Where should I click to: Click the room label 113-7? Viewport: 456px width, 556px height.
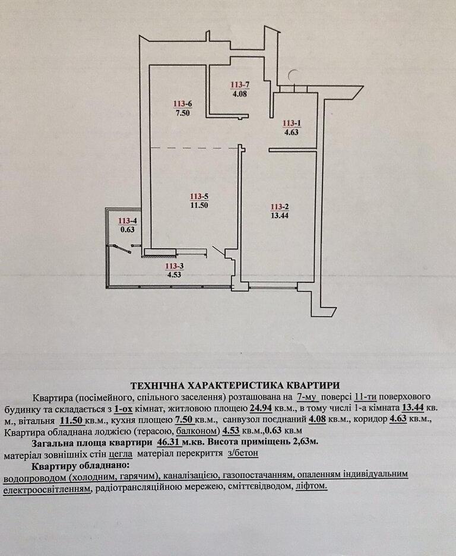tap(240, 85)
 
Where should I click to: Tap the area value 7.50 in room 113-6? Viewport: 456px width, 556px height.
tap(182, 113)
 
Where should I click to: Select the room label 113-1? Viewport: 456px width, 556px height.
tap(292, 123)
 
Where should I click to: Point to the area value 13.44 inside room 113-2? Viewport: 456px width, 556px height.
tap(280, 215)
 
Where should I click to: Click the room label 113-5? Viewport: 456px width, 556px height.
tap(199, 196)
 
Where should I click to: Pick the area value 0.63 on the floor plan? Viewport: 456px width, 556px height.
tap(128, 229)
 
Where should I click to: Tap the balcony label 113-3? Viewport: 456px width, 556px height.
tap(175, 266)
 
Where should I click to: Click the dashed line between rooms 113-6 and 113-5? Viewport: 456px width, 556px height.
tap(194, 147)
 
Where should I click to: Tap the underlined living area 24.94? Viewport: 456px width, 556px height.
tap(261, 408)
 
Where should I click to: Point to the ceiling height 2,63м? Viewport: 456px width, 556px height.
tap(305, 442)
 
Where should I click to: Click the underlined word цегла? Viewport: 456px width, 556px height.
tap(121, 453)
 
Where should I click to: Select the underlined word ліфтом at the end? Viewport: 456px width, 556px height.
tap(311, 486)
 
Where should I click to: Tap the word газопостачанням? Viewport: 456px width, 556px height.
tap(254, 475)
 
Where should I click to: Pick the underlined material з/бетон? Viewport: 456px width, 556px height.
tap(243, 453)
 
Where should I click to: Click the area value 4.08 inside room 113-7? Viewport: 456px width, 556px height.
tap(240, 94)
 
